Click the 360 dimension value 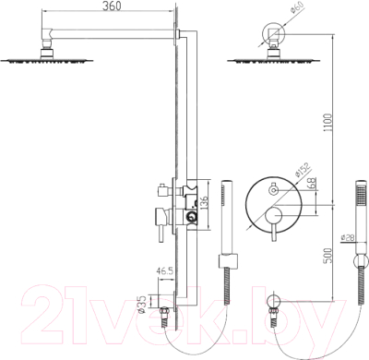click(x=112, y=6)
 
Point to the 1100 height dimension click(x=328, y=123)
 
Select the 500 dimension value click(x=328, y=256)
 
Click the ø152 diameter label click(x=304, y=169)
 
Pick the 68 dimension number click(x=313, y=184)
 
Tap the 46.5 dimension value click(x=165, y=271)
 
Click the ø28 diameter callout click(x=348, y=237)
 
